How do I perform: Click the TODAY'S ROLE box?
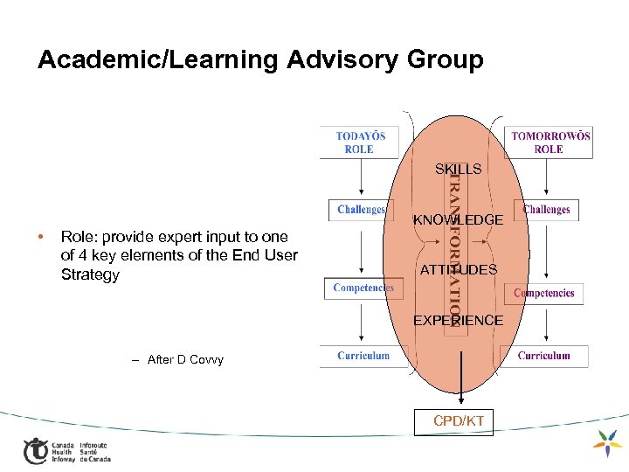point(360,142)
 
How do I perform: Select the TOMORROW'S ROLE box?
point(550,142)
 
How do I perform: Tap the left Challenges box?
point(361,210)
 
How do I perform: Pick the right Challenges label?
point(546,210)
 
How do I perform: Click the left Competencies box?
point(363,288)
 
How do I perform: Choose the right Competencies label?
point(545,293)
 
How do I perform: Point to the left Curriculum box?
point(363,356)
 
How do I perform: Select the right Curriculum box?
point(543,356)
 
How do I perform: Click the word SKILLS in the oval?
point(458,169)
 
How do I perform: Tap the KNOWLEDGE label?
point(458,219)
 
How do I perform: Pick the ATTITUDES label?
point(458,270)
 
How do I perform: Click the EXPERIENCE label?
point(458,321)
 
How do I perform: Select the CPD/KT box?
point(459,421)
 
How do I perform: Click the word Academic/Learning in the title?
point(160,59)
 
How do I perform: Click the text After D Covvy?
point(185,359)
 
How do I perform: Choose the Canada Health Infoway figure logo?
point(36,449)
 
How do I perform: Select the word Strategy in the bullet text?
point(90,274)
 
